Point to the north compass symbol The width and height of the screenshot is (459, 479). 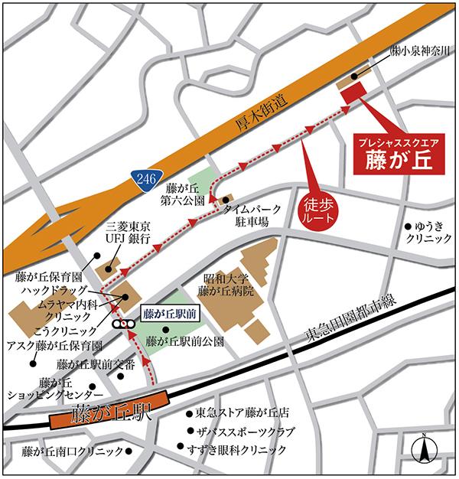(x=422, y=448)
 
